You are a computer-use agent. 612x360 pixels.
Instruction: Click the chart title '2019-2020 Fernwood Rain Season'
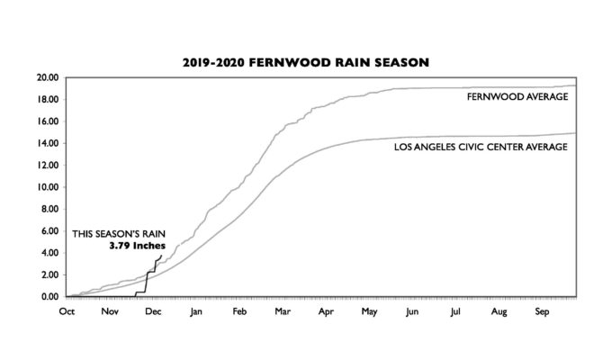click(x=307, y=63)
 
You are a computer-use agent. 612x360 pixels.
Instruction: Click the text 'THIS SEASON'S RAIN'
click(x=119, y=232)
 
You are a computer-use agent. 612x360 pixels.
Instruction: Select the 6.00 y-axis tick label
click(x=49, y=231)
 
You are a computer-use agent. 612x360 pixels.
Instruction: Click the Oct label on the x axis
click(x=67, y=311)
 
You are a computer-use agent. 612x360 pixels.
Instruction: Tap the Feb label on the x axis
click(x=239, y=311)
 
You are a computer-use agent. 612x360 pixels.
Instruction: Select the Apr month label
click(x=324, y=311)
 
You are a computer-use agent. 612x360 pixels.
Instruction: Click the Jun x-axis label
click(x=411, y=311)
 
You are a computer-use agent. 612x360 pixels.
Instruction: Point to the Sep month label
click(x=543, y=311)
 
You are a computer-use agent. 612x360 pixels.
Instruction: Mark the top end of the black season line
click(x=162, y=256)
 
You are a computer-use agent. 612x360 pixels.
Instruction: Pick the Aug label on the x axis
click(x=499, y=311)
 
